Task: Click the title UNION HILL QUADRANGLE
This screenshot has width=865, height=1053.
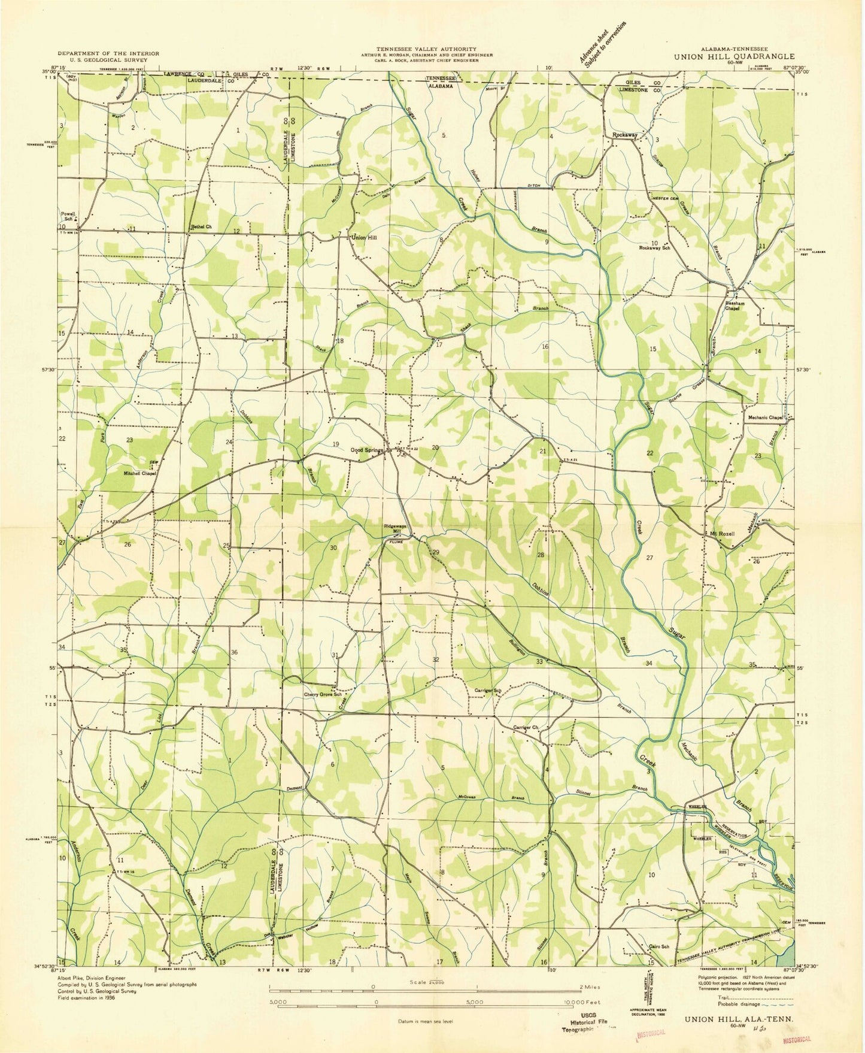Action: (734, 57)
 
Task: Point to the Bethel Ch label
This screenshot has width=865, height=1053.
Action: (202, 226)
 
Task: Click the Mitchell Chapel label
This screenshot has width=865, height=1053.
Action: (140, 473)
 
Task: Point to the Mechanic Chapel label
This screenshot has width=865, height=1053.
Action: (765, 417)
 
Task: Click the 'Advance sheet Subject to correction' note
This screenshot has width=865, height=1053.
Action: (602, 44)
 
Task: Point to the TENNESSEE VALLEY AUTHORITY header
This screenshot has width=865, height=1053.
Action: (426, 49)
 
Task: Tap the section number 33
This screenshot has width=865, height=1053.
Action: (539, 661)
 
